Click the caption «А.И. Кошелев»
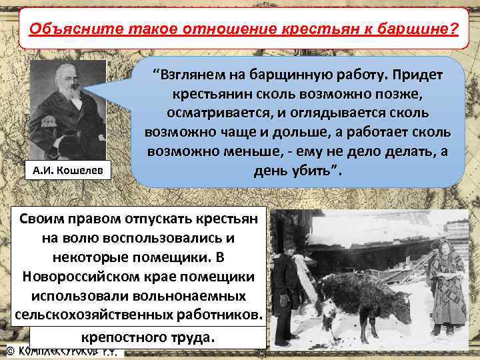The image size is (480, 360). tap(67, 171)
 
